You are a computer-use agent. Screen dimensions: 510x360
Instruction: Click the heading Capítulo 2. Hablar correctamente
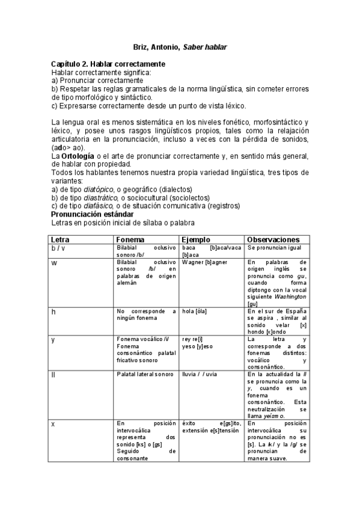108,64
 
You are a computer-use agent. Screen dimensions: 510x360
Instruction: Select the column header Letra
61,239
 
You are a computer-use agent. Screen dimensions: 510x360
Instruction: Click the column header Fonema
130,239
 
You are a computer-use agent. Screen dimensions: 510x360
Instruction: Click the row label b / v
59,248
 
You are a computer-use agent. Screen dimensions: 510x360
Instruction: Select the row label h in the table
53,311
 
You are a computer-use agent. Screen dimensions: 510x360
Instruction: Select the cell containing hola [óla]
195,311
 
